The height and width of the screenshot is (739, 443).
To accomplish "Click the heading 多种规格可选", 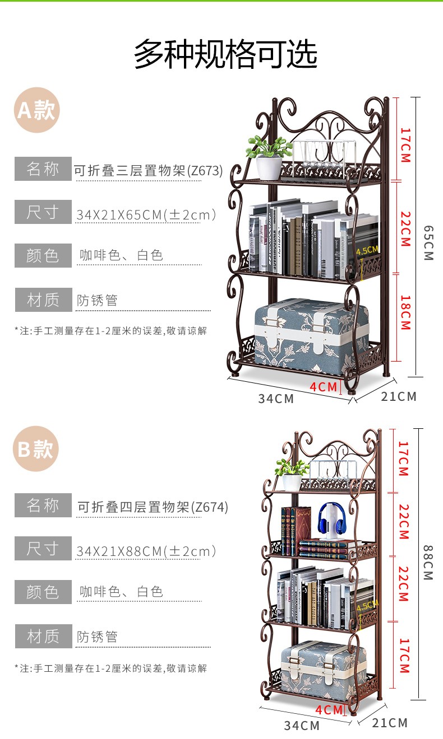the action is coord(225,55).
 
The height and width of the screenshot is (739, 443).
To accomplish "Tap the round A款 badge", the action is coord(36,110).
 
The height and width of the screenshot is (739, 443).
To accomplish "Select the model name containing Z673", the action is coord(149,170).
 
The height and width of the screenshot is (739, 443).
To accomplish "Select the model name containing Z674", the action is coord(153,507).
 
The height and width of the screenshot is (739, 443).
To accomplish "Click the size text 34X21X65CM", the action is coord(146,214).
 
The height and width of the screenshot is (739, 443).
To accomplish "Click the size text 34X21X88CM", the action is coord(146,551).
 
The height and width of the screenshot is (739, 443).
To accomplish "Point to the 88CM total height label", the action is coord(428,563).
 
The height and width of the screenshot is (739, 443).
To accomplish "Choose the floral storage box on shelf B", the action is coord(324,666).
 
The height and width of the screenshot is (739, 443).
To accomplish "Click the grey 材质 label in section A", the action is coord(43,300).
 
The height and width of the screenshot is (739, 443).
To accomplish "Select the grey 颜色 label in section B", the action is coord(43,592).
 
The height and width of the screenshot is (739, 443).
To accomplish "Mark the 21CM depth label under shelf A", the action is coord(399,396).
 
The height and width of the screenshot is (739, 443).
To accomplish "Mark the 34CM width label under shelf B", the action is coord(301,726).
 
